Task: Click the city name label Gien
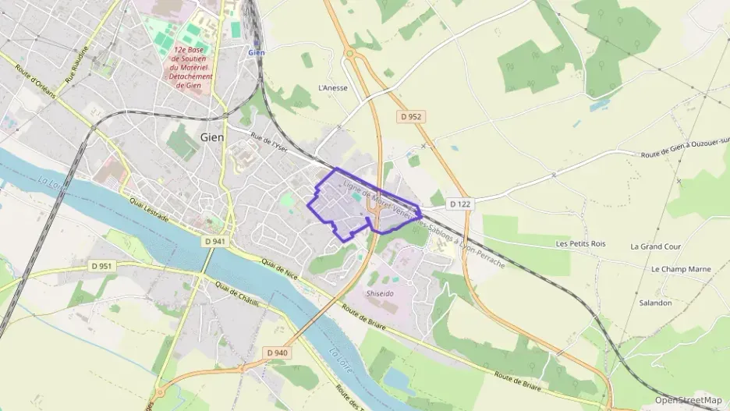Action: [x=212, y=136]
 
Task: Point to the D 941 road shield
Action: [x=215, y=242]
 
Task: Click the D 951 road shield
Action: [x=101, y=266]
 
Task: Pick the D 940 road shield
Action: [x=277, y=353]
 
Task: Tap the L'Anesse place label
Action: [x=332, y=88]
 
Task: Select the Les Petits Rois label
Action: [x=580, y=244]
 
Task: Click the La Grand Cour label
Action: [x=655, y=246]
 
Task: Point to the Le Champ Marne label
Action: [x=680, y=269]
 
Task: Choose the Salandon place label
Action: [x=654, y=303]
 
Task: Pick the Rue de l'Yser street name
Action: [x=270, y=142]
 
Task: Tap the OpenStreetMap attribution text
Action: [x=688, y=400]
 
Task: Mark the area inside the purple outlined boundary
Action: [x=351, y=203]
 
